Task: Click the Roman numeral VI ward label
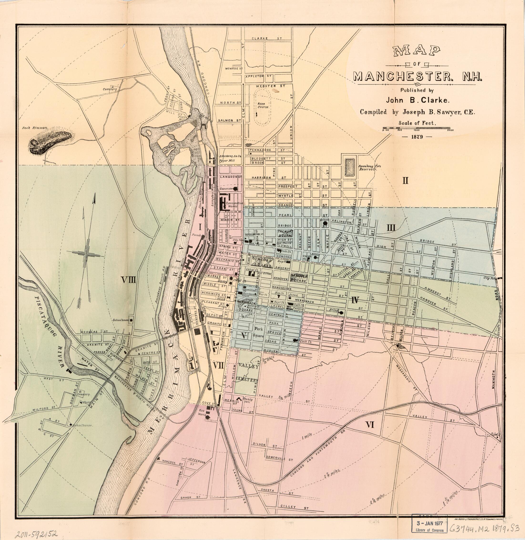tap(369, 425)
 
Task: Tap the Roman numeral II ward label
tap(405, 181)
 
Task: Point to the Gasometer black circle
tap(235, 189)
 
